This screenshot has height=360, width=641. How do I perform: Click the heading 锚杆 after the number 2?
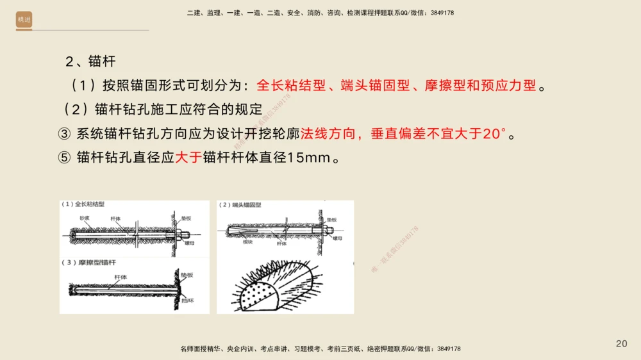point(102,61)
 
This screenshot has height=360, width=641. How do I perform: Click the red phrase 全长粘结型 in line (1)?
point(291,85)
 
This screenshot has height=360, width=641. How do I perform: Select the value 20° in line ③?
point(494,135)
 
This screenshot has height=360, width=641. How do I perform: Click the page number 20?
point(621,344)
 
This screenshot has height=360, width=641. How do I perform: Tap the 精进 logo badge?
point(24,20)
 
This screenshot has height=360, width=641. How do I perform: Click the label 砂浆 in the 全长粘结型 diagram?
point(85,218)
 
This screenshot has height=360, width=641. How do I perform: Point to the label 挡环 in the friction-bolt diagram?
point(187,299)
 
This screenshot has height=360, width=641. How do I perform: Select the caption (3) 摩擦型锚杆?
point(89,263)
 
